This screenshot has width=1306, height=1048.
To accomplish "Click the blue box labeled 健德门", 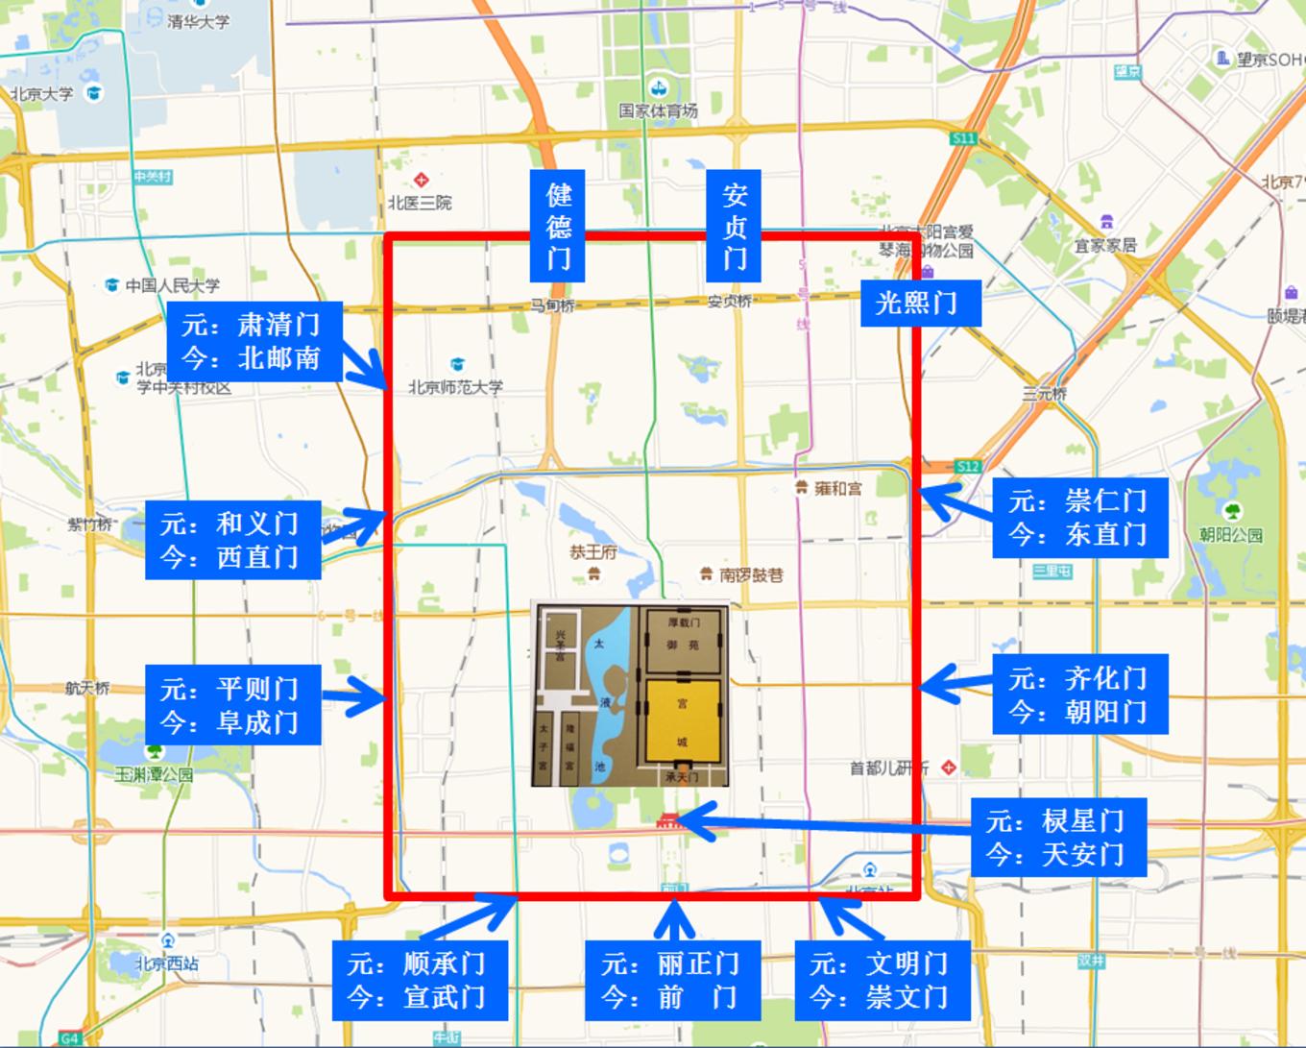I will coord(558,226).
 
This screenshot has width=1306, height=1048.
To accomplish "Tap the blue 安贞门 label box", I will coord(734,226).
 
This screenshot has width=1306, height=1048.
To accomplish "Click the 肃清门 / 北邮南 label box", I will coord(251,341).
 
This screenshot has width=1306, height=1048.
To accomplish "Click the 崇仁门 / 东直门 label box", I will coord(1078,517).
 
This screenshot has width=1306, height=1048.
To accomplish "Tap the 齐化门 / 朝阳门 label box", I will coord(1078,695).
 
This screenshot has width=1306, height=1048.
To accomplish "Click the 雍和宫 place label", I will coord(837,488).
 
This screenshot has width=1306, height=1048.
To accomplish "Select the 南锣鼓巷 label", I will coord(751,574).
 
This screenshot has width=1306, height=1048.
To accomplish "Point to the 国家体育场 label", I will coord(658,110).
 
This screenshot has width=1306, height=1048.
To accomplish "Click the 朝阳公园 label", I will coord(1230,534).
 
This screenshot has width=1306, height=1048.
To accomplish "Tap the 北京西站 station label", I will coord(166,963).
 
